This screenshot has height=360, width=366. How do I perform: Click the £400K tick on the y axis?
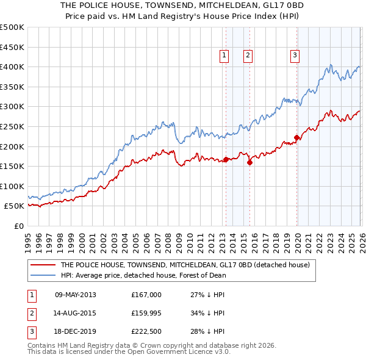click(x=12, y=67)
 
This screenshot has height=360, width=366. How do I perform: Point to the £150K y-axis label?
click(x=12, y=166)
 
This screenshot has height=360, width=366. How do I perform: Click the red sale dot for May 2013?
click(x=226, y=160)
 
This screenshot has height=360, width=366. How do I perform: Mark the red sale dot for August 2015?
click(x=250, y=162)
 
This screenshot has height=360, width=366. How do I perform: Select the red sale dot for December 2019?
click(x=297, y=137)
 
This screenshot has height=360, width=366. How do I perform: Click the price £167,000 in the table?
click(x=146, y=295)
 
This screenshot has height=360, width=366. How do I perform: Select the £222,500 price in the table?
click(x=146, y=331)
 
